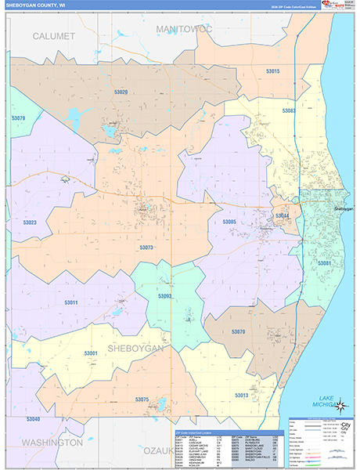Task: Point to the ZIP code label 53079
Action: coord(19,118)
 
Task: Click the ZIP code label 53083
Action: coord(289,111)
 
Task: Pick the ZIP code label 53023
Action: coord(30,222)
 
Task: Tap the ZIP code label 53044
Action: coord(282,215)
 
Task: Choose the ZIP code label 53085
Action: coord(229,222)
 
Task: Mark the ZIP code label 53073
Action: coord(146,248)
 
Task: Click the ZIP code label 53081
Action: coord(324,263)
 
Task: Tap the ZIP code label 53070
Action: coord(239,332)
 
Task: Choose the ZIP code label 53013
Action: coord(241,395)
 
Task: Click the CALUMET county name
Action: coord(54,36)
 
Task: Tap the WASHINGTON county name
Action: coord(52,443)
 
